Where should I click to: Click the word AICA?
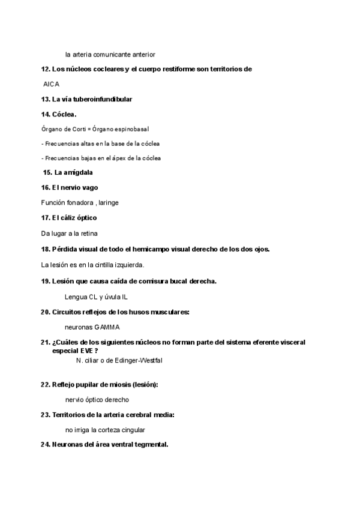[52, 85]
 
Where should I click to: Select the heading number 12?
[45, 69]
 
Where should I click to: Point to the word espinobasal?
[131, 129]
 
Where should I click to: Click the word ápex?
[121, 158]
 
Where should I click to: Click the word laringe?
[109, 203]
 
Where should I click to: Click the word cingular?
[132, 430]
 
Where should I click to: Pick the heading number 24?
[45, 445]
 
